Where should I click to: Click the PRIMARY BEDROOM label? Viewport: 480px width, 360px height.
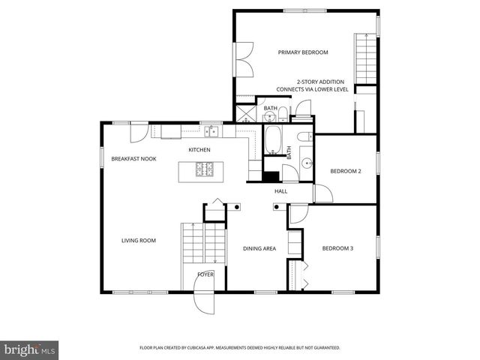pyautogui.click(x=303, y=52)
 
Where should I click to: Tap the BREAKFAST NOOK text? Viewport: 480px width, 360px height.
pyautogui.click(x=133, y=159)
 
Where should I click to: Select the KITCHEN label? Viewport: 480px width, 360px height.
pyautogui.click(x=199, y=150)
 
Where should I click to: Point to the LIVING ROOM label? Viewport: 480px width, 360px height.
pyautogui.click(x=139, y=241)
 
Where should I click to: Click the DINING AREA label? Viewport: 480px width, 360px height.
pyautogui.click(x=259, y=248)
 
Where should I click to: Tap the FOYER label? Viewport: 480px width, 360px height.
pyautogui.click(x=205, y=274)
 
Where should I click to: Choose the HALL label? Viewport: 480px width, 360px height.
pyautogui.click(x=280, y=191)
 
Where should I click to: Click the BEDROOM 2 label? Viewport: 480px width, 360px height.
pyautogui.click(x=346, y=171)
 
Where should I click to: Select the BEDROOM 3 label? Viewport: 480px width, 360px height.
pyautogui.click(x=337, y=248)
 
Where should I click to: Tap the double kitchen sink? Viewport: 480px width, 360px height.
pyautogui.click(x=213, y=131)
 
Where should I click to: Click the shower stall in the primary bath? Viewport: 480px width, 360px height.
pyautogui.click(x=246, y=114)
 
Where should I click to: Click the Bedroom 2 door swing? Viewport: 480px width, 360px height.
pyautogui.click(x=322, y=193)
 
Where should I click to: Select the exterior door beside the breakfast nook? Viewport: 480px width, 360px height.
pyautogui.click(x=139, y=133)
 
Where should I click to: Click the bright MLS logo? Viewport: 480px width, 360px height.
pyautogui.click(x=29, y=349)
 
